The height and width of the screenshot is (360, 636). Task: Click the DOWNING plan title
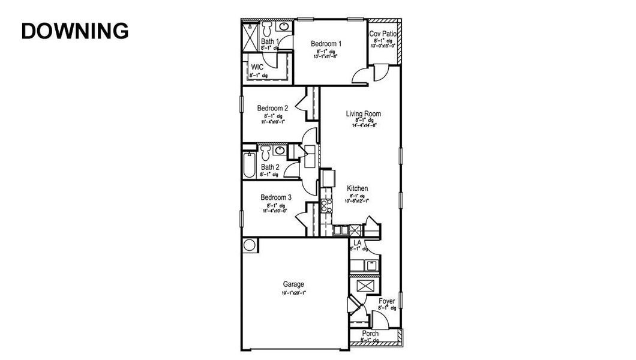(x=74, y=31)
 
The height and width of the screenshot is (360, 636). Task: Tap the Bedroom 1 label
(x=326, y=44)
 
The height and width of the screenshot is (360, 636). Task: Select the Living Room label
(x=363, y=113)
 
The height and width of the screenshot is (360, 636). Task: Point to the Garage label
(x=293, y=284)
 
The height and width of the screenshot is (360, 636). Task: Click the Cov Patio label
(x=383, y=34)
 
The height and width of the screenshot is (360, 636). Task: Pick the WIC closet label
(x=257, y=67)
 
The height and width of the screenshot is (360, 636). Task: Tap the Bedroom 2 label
(x=272, y=108)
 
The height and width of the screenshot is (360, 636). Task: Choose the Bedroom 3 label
(x=276, y=197)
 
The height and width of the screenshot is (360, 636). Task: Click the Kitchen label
(x=357, y=188)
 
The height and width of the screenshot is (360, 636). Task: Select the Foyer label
(x=386, y=301)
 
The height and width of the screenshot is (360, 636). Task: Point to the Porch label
(x=370, y=334)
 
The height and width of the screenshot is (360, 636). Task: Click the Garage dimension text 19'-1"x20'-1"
(x=293, y=293)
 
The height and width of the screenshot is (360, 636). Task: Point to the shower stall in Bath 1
(x=250, y=36)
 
